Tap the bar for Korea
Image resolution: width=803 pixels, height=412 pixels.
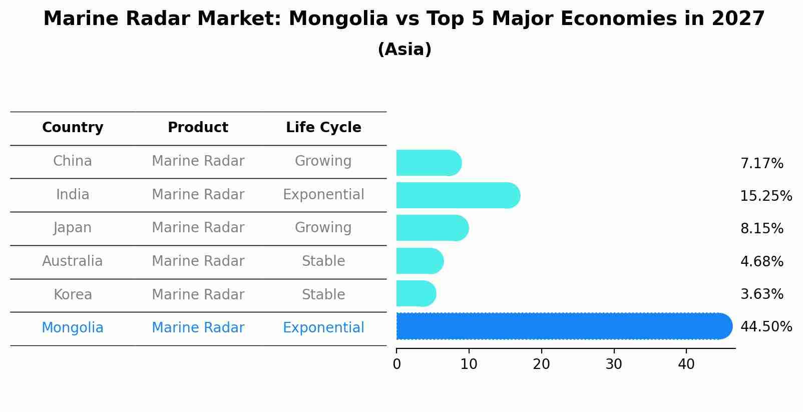point(416,293)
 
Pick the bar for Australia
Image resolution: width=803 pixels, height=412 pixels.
point(419,261)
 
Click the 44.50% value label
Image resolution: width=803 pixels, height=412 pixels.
point(765,327)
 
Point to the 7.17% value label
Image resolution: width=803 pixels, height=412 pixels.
point(761,164)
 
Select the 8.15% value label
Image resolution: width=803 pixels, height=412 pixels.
point(761,229)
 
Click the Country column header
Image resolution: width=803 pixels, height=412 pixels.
point(73,128)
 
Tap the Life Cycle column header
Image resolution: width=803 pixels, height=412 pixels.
point(323,128)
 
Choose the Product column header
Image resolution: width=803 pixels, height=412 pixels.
point(198,128)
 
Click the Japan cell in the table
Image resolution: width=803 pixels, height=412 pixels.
point(73,228)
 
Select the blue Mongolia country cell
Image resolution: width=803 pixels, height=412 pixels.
point(73,328)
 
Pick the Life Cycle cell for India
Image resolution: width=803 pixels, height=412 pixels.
point(323,195)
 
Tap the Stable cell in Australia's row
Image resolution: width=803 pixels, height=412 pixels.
point(323,261)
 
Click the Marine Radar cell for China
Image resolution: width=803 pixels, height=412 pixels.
point(198,161)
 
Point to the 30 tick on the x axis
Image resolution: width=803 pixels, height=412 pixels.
point(614,364)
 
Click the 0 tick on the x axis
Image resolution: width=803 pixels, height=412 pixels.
point(396,364)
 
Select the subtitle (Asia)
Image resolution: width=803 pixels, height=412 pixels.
point(405,50)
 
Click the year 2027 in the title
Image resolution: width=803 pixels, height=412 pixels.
point(738,19)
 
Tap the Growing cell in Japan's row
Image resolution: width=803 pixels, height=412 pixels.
point(323,228)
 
